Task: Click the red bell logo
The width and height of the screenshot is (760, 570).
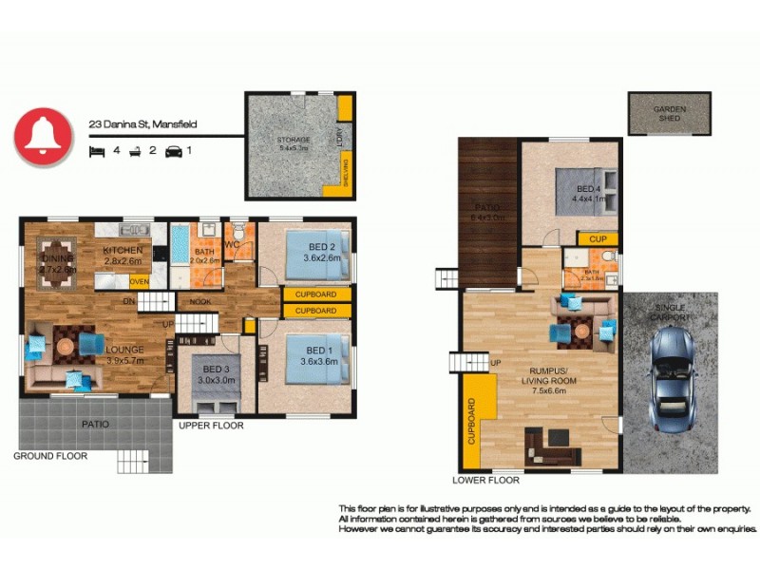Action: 43,138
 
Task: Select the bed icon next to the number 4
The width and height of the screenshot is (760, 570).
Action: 96,150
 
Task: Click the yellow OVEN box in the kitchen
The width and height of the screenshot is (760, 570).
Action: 139,281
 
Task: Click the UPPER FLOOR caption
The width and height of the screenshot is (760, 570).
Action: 211,426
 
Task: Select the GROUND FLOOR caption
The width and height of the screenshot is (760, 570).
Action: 49,456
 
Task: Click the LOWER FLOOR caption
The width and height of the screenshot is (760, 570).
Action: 485,481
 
